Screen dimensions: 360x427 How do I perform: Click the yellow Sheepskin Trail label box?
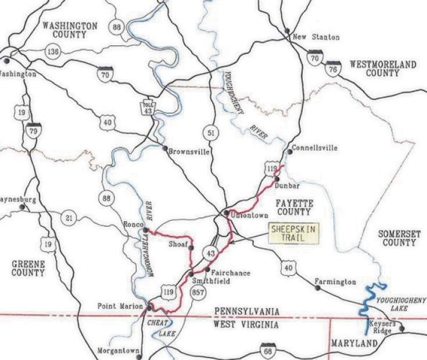(294, 234)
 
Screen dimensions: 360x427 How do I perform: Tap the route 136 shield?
(52, 52)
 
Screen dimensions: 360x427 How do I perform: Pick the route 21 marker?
(70, 218)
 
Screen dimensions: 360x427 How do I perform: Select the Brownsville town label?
(188, 151)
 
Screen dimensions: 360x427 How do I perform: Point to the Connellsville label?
(314, 148)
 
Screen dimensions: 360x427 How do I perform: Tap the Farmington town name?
(335, 281)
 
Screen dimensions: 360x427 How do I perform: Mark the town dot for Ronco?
(146, 230)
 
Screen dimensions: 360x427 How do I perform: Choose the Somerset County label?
(397, 238)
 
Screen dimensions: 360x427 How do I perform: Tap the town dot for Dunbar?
(277, 179)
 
